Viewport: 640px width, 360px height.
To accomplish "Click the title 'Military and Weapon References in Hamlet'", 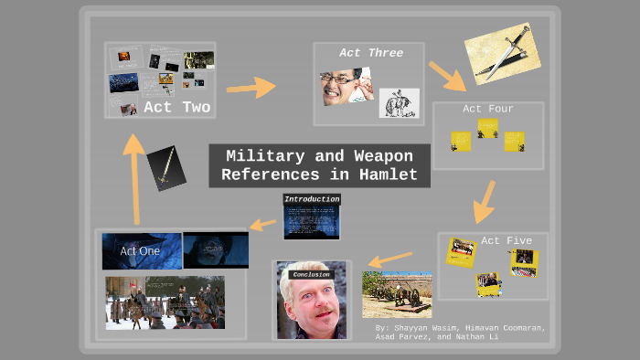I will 319,165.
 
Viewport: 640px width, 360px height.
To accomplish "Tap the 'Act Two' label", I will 176,108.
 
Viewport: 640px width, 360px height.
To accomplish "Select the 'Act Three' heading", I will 371,53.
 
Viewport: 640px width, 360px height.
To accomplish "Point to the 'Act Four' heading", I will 487,109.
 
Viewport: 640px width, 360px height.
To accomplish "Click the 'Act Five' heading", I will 506,240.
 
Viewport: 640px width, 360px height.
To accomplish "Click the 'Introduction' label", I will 312,199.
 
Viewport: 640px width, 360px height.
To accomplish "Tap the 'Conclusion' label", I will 310,273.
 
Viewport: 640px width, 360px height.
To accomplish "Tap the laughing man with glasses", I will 345,86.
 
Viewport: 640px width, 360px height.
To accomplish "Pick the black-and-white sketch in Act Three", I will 399,102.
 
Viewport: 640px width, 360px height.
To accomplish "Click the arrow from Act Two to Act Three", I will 251,88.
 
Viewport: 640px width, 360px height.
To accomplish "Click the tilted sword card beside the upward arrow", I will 166,167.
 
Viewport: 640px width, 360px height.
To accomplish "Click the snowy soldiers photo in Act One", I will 165,302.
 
